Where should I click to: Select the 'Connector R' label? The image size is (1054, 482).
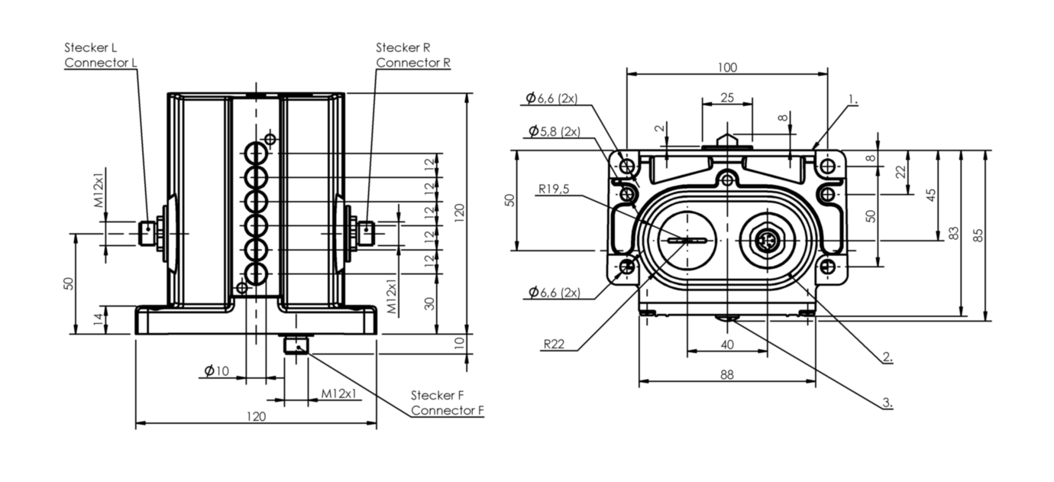pos(412,63)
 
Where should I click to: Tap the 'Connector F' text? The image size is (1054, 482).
pos(448,410)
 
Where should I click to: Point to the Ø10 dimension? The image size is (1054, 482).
pos(216,371)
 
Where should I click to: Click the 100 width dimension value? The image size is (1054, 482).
pos(727,67)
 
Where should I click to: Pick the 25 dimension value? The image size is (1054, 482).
pos(727,98)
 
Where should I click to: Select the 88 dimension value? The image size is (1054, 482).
pos(726,374)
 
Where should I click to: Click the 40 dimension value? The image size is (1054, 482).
pos(726,345)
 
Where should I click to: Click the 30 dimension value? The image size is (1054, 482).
pos(430,302)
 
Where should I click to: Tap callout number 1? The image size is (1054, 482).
pos(853,99)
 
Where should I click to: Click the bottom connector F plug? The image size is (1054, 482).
pos(295,345)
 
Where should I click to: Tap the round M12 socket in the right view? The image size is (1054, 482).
pos(766,241)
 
